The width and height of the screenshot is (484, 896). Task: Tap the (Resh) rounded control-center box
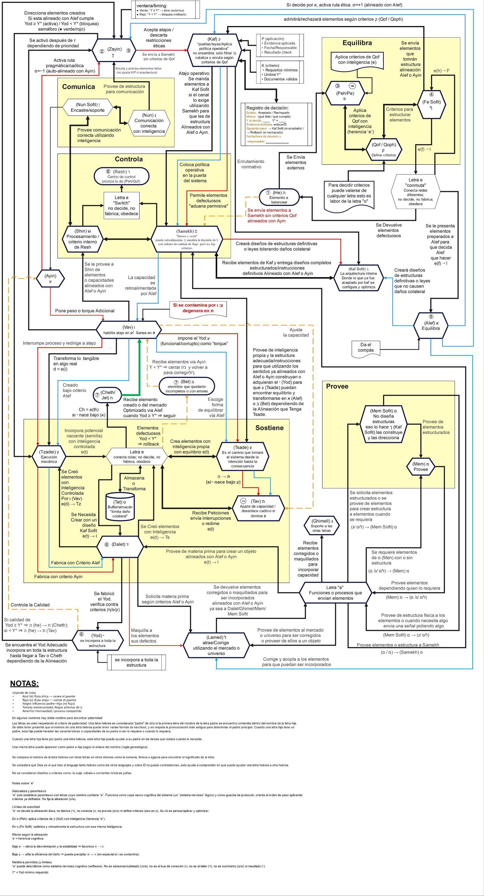point(121,176)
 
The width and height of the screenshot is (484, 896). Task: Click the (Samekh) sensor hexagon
point(187,239)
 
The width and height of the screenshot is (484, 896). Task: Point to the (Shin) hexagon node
point(83,239)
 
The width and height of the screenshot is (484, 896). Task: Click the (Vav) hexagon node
point(129,330)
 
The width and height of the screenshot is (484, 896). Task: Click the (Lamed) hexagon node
point(216,645)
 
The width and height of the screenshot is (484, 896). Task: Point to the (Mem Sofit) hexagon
point(383,424)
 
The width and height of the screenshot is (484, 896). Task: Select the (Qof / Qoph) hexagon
point(384,150)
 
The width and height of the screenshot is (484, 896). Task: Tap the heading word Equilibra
point(357,43)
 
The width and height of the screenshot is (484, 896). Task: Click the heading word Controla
point(129,159)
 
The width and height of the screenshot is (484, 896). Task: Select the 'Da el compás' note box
point(366,347)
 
